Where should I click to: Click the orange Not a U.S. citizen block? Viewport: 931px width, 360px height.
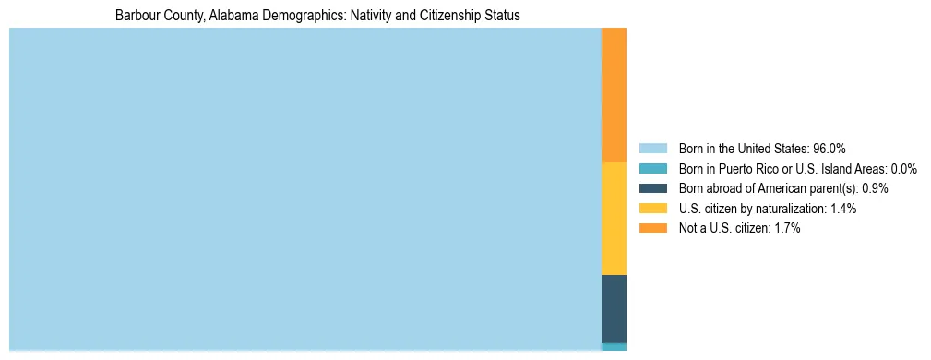coord(614,94)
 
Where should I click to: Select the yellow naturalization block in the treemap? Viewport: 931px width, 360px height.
coord(614,218)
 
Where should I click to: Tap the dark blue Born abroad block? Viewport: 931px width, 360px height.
coord(614,308)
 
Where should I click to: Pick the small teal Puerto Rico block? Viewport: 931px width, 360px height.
coord(614,347)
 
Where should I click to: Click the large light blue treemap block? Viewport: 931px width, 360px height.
coord(304,188)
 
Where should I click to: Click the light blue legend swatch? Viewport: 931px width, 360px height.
coord(652,149)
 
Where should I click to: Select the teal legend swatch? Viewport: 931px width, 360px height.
coord(652,169)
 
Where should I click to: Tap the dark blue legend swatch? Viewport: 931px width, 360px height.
coord(652,188)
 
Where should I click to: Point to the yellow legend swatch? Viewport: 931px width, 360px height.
coord(652,209)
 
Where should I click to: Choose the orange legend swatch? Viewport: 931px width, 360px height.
coord(652,228)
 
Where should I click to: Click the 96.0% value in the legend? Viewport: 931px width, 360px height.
coord(829,149)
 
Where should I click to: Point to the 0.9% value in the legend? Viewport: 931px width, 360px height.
coord(876,188)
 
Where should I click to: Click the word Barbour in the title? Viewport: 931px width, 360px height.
coord(136,16)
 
